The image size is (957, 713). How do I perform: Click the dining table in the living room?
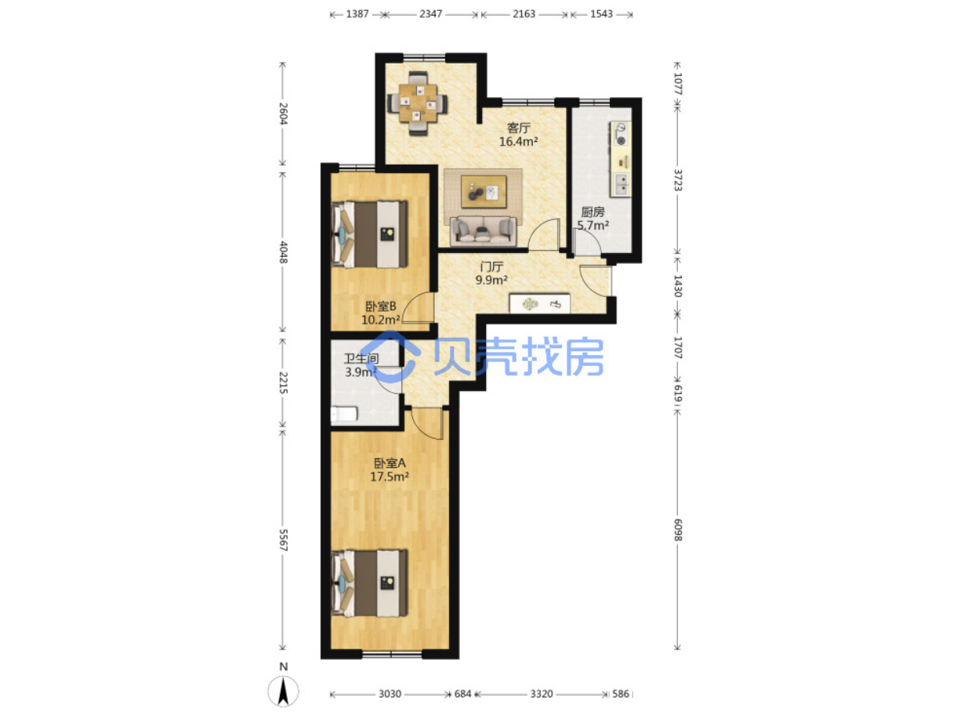pos(417,103)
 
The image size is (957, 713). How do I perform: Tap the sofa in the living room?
pos(483,230)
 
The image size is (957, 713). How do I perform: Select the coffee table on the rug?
pos(483,192)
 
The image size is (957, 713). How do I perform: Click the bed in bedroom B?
pos(369,234)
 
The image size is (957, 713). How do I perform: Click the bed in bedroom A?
pos(369,583)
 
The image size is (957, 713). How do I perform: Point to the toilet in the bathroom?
pos(344,414)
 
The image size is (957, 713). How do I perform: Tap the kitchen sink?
pos(622,184)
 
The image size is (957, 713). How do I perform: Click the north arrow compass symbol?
pos(283,690)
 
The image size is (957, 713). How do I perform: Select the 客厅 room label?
pos(518,128)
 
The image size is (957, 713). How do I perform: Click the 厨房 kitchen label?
pos(593,212)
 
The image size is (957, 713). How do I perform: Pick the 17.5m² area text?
pos(389,477)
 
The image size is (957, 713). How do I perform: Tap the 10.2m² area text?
pos(380,320)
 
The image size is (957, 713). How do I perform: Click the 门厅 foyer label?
pos(491,266)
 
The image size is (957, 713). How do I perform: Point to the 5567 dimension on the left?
pos(283,540)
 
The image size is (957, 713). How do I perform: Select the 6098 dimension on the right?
pos(677,530)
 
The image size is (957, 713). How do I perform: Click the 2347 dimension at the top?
pos(430,14)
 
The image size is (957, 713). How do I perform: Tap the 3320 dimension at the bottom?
pos(541,694)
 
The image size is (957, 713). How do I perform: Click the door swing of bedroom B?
pos(418,308)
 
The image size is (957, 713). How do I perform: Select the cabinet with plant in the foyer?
pos(539,303)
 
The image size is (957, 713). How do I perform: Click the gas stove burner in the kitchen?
pos(621,141)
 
